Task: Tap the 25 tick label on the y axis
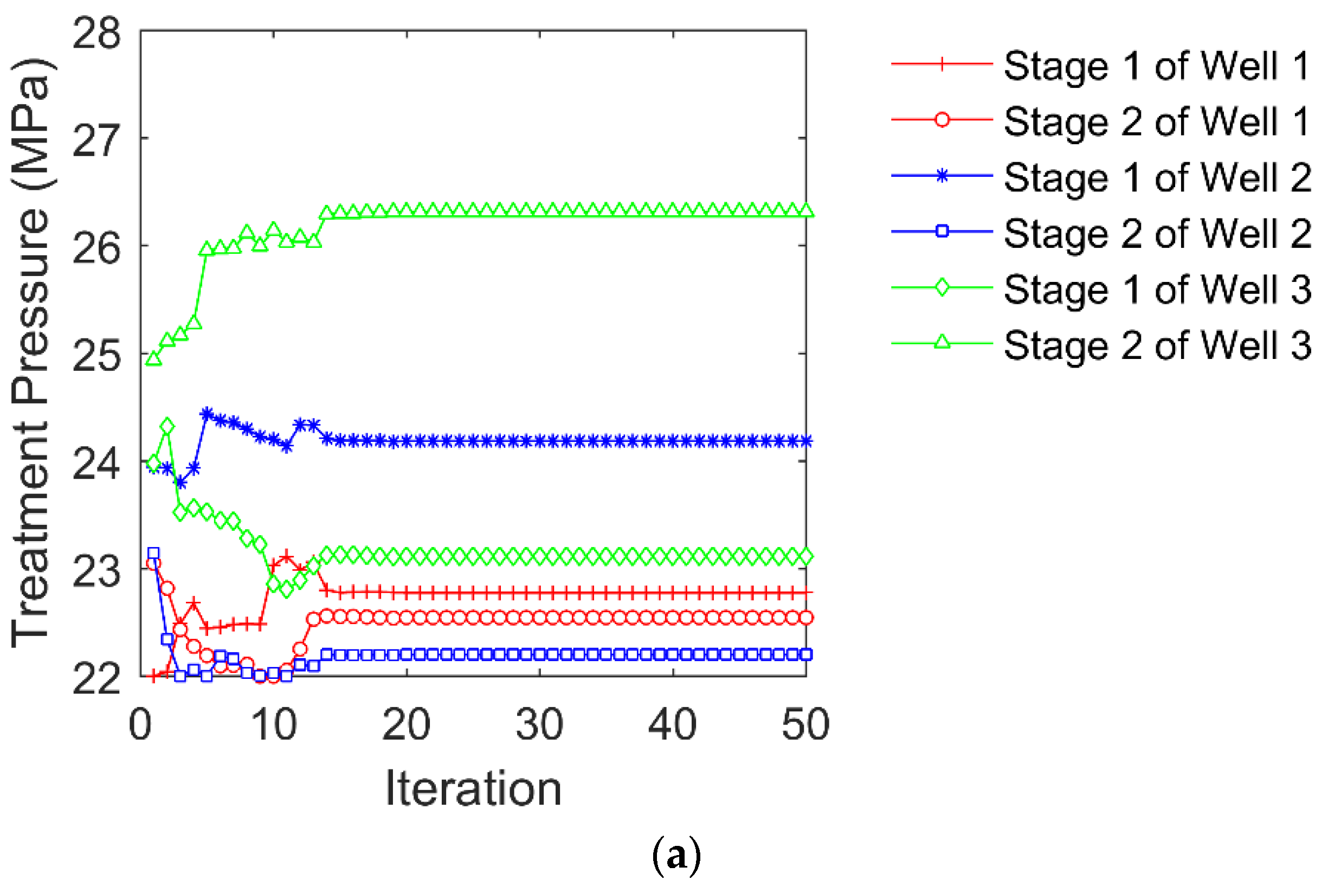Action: click(96, 357)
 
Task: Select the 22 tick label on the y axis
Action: click(96, 679)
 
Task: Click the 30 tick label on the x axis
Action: click(539, 724)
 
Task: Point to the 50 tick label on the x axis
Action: click(805, 724)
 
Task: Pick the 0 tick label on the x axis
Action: click(140, 724)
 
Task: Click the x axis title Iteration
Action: click(473, 789)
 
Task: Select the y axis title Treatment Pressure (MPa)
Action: click(31, 353)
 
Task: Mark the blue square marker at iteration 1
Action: click(153, 553)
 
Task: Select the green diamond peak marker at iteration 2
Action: click(167, 426)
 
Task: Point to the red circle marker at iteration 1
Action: click(153, 563)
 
